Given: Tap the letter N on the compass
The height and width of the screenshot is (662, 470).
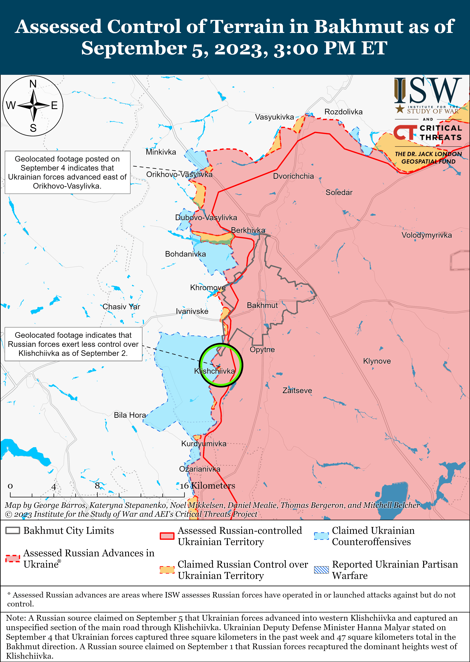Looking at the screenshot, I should coord(33,84).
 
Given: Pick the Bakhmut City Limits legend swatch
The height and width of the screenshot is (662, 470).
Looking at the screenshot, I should coord(13,531).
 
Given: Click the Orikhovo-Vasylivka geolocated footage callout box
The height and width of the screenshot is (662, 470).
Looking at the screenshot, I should coord(67,172).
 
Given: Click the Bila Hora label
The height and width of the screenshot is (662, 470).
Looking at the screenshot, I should coord(130,415).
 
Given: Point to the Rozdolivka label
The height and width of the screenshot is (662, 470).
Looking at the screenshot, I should coord(343,112).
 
